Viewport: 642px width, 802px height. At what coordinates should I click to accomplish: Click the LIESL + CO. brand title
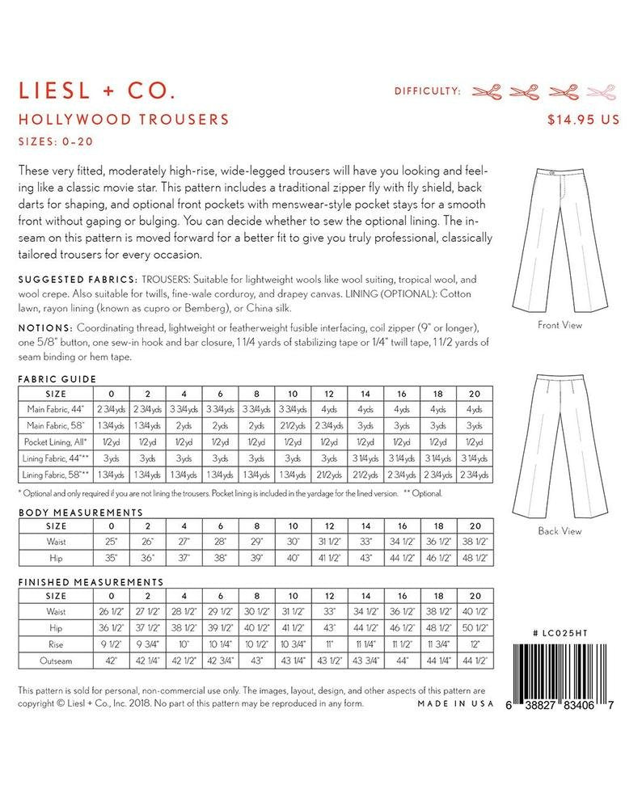[96, 88]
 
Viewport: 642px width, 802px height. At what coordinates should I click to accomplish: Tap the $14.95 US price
[583, 120]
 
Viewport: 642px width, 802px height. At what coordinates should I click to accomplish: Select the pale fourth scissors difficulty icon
[600, 91]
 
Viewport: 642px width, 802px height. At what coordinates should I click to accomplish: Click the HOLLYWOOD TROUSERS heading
[123, 120]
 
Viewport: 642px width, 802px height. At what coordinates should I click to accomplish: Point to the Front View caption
[560, 325]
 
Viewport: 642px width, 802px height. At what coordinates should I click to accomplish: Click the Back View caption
[560, 531]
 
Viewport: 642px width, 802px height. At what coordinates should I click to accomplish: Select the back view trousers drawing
[560, 445]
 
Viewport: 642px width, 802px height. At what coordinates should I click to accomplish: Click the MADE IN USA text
[455, 703]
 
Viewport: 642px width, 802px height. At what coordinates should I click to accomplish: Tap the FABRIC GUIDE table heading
[57, 378]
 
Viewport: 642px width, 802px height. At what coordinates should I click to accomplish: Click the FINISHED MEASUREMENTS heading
[90, 581]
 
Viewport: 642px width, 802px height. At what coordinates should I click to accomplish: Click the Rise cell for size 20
[474, 644]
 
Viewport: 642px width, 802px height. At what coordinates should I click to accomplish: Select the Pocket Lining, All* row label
[59, 441]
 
